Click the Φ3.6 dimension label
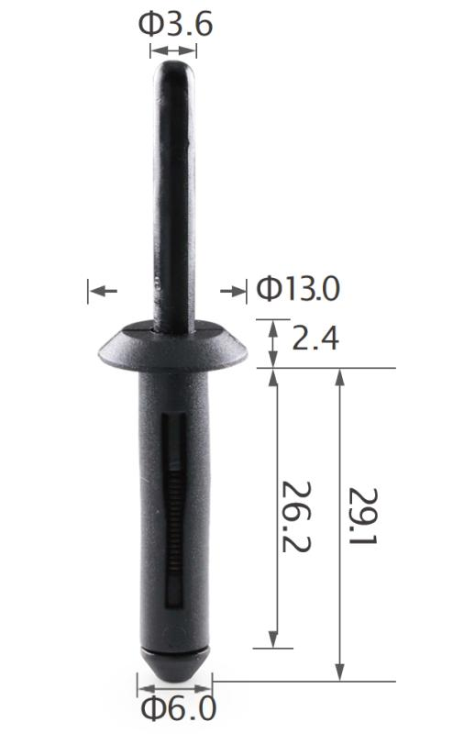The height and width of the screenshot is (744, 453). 176,24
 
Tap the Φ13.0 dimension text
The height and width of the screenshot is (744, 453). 297,290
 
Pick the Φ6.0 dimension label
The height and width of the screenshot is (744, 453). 178,708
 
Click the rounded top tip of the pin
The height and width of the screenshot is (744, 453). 173,70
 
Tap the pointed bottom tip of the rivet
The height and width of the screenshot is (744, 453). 173,671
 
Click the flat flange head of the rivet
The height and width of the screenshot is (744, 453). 172,345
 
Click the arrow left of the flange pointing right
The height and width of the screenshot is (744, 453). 103,291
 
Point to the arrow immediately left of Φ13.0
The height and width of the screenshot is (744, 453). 234,291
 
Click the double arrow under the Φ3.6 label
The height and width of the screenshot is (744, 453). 173,51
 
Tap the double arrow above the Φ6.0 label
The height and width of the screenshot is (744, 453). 173,683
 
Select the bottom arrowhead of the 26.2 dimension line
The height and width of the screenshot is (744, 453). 273,640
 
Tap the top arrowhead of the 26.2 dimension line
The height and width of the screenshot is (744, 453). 273,376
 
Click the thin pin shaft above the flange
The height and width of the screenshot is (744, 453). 173,202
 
